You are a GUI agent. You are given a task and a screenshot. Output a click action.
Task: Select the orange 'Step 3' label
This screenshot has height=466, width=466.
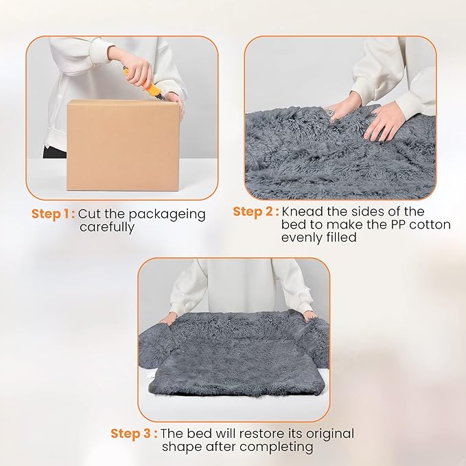coord(134,434)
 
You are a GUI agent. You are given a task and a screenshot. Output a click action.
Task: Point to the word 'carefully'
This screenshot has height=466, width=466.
coord(106,227)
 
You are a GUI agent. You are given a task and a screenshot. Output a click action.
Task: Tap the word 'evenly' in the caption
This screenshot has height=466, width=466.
coord(302,237)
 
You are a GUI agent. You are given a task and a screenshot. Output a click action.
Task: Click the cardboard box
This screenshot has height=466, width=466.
coord(121,145)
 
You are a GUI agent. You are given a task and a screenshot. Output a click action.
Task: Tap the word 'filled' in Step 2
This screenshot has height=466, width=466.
coord(342,237)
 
